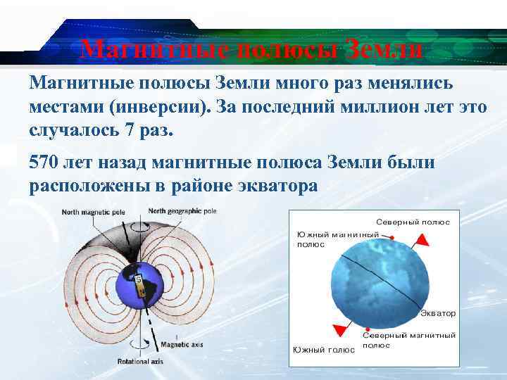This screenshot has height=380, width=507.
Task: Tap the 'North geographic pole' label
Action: coord(182,211)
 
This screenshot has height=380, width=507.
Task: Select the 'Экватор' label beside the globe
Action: coord(438,312)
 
